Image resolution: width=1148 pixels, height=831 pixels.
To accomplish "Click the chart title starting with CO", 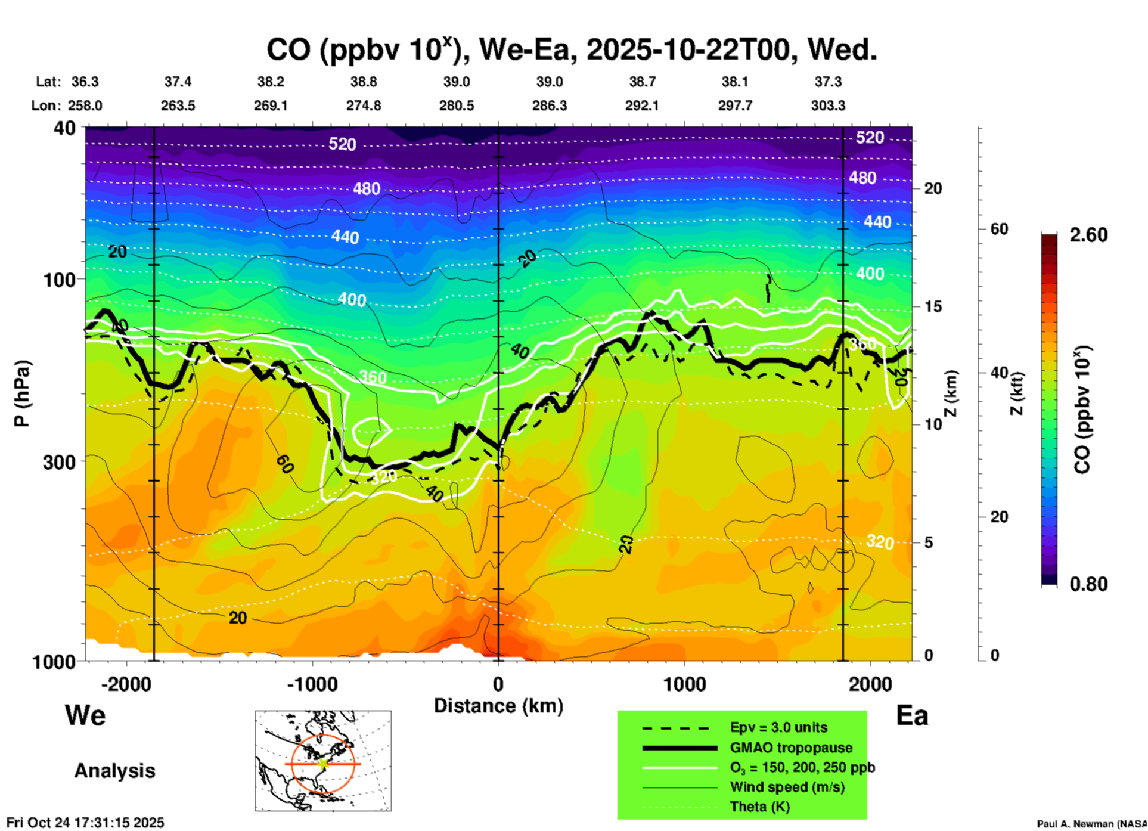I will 571,50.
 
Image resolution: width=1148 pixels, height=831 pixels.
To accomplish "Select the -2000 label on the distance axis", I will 126,684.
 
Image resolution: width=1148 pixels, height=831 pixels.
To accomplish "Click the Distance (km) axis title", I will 498,706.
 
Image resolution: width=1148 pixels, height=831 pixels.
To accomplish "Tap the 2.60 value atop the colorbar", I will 1088,235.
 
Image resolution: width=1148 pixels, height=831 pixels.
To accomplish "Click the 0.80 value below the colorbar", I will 1088,584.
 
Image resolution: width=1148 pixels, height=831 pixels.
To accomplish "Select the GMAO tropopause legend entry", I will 791,748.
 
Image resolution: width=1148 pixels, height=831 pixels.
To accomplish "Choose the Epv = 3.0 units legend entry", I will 778,727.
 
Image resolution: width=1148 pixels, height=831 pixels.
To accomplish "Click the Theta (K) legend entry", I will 759,807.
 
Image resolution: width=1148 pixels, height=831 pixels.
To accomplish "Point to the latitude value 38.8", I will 363,82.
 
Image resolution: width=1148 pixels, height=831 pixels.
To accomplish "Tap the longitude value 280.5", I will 457,106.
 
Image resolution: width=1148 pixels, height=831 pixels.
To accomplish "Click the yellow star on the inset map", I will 324,764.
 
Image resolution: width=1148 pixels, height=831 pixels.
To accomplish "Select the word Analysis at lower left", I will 114,771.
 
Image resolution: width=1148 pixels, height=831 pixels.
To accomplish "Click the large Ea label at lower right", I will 912,715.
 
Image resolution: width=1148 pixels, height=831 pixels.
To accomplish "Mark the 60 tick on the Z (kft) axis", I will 999,229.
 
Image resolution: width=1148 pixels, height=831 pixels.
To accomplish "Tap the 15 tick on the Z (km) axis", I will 933,306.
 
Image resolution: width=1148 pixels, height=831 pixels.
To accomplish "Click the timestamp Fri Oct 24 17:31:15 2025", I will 85,823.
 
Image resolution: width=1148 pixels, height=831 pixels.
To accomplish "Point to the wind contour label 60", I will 285,464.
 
